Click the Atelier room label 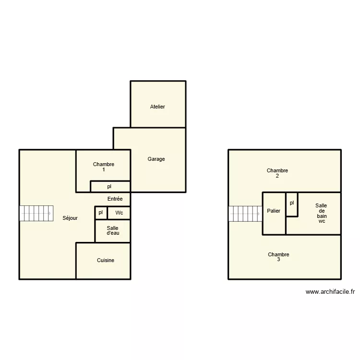[x=157, y=107]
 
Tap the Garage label [x=156, y=159]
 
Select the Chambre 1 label [x=104, y=167]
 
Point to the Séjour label [x=70, y=218]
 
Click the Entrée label [x=115, y=199]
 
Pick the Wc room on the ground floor [x=119, y=213]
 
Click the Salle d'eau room [x=112, y=231]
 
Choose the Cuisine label [x=106, y=260]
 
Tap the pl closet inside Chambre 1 [x=109, y=186]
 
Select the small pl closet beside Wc [x=101, y=212]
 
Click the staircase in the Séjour [x=36, y=214]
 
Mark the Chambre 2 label [x=277, y=173]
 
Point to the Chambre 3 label [x=278, y=257]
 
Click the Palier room [x=274, y=211]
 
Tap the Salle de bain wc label [x=321, y=213]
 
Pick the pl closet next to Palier [x=292, y=204]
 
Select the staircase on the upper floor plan [x=245, y=214]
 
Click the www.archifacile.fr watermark [x=330, y=291]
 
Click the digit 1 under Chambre [x=104, y=170]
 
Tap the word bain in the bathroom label [x=321, y=216]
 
